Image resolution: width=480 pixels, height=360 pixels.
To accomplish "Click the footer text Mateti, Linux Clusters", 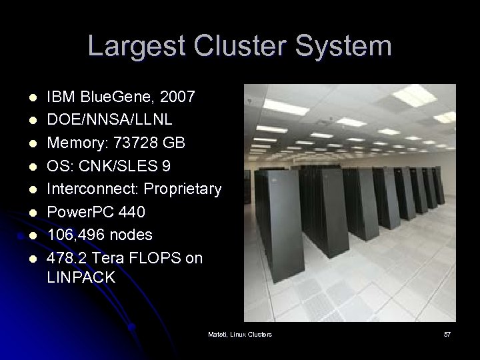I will tap(240, 333).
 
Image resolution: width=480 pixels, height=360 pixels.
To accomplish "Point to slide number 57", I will tap(447, 333).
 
